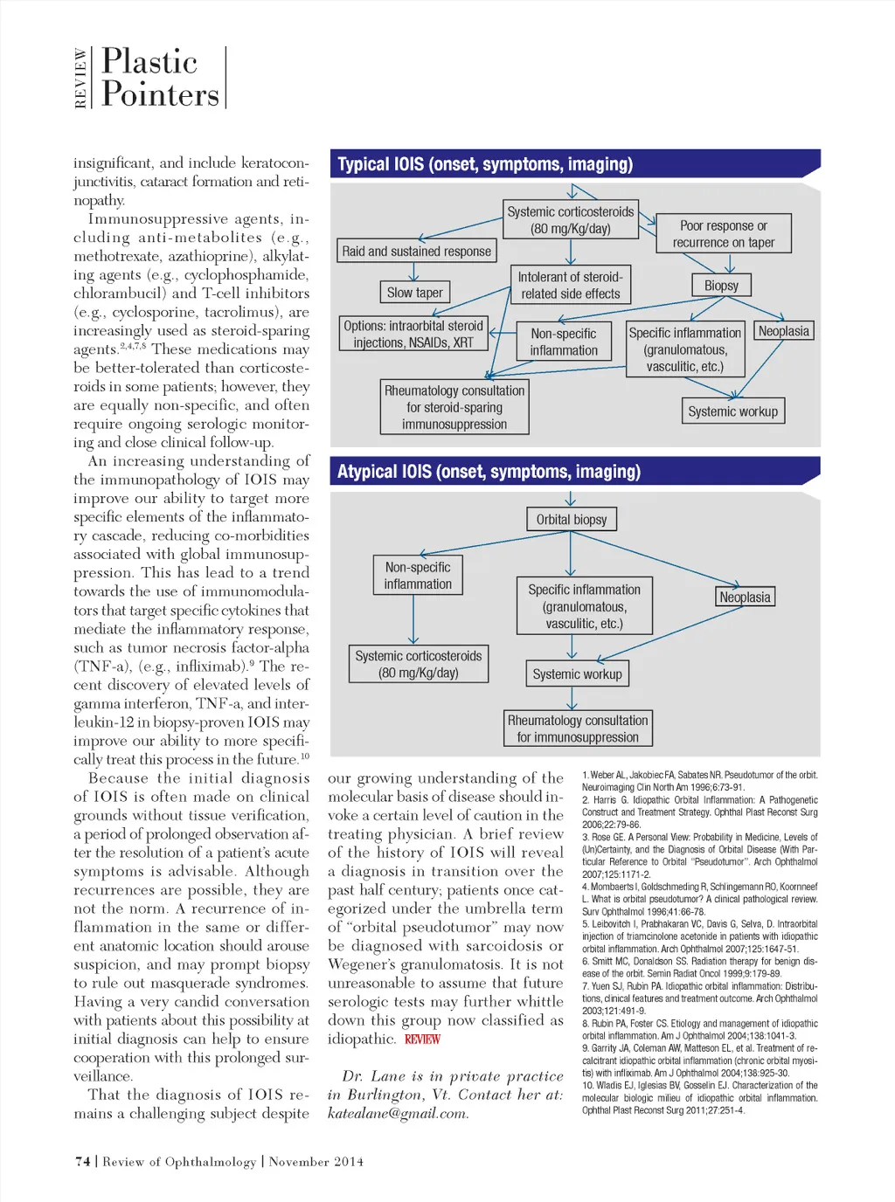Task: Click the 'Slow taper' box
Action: coord(414,293)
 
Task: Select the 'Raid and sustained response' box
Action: coord(416,252)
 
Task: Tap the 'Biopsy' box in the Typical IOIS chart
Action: coord(721,286)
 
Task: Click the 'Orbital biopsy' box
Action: coord(571,520)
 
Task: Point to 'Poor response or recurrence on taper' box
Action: coord(723,234)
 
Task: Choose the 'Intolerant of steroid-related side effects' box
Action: coord(570,286)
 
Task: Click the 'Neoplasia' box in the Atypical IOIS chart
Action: coord(745,598)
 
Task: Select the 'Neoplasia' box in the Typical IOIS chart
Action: coord(783,331)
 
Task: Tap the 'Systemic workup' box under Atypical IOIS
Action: coord(577,674)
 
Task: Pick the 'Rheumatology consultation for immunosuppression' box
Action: coord(578,729)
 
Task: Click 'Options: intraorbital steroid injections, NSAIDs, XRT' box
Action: coord(413,335)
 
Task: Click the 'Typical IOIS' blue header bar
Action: coord(574,164)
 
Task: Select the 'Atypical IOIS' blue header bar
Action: coord(574,472)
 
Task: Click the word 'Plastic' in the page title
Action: coord(149,62)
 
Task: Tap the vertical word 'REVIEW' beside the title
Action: coord(80,78)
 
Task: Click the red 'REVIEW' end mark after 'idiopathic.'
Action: coord(422,1040)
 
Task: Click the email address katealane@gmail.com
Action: coord(398,1114)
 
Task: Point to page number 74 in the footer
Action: coord(83,1162)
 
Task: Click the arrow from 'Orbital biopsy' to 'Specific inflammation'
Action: coord(571,554)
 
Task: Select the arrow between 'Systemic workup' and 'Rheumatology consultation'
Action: coord(572,698)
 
